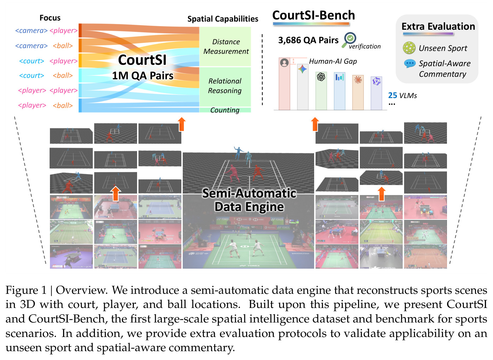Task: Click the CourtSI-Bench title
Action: (x=314, y=15)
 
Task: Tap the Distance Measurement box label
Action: (x=226, y=46)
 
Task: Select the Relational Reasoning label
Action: (x=225, y=86)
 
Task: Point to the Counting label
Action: (x=225, y=110)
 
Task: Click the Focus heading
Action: (x=50, y=18)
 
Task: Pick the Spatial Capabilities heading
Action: (x=223, y=19)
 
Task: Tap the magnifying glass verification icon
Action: (x=349, y=40)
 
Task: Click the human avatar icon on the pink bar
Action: (x=284, y=63)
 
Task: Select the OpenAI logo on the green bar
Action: (x=321, y=77)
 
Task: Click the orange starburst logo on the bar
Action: (x=358, y=80)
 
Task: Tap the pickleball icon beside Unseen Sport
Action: (x=409, y=48)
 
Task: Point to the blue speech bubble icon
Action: (x=409, y=64)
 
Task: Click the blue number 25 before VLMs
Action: (x=392, y=96)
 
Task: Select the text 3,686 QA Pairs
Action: (x=308, y=40)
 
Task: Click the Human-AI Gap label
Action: (x=333, y=61)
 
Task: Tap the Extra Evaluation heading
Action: (x=438, y=27)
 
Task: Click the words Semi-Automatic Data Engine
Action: (x=249, y=200)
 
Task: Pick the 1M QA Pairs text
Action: (x=143, y=76)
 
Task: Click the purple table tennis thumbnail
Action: (x=71, y=256)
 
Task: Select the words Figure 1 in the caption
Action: (x=26, y=290)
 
